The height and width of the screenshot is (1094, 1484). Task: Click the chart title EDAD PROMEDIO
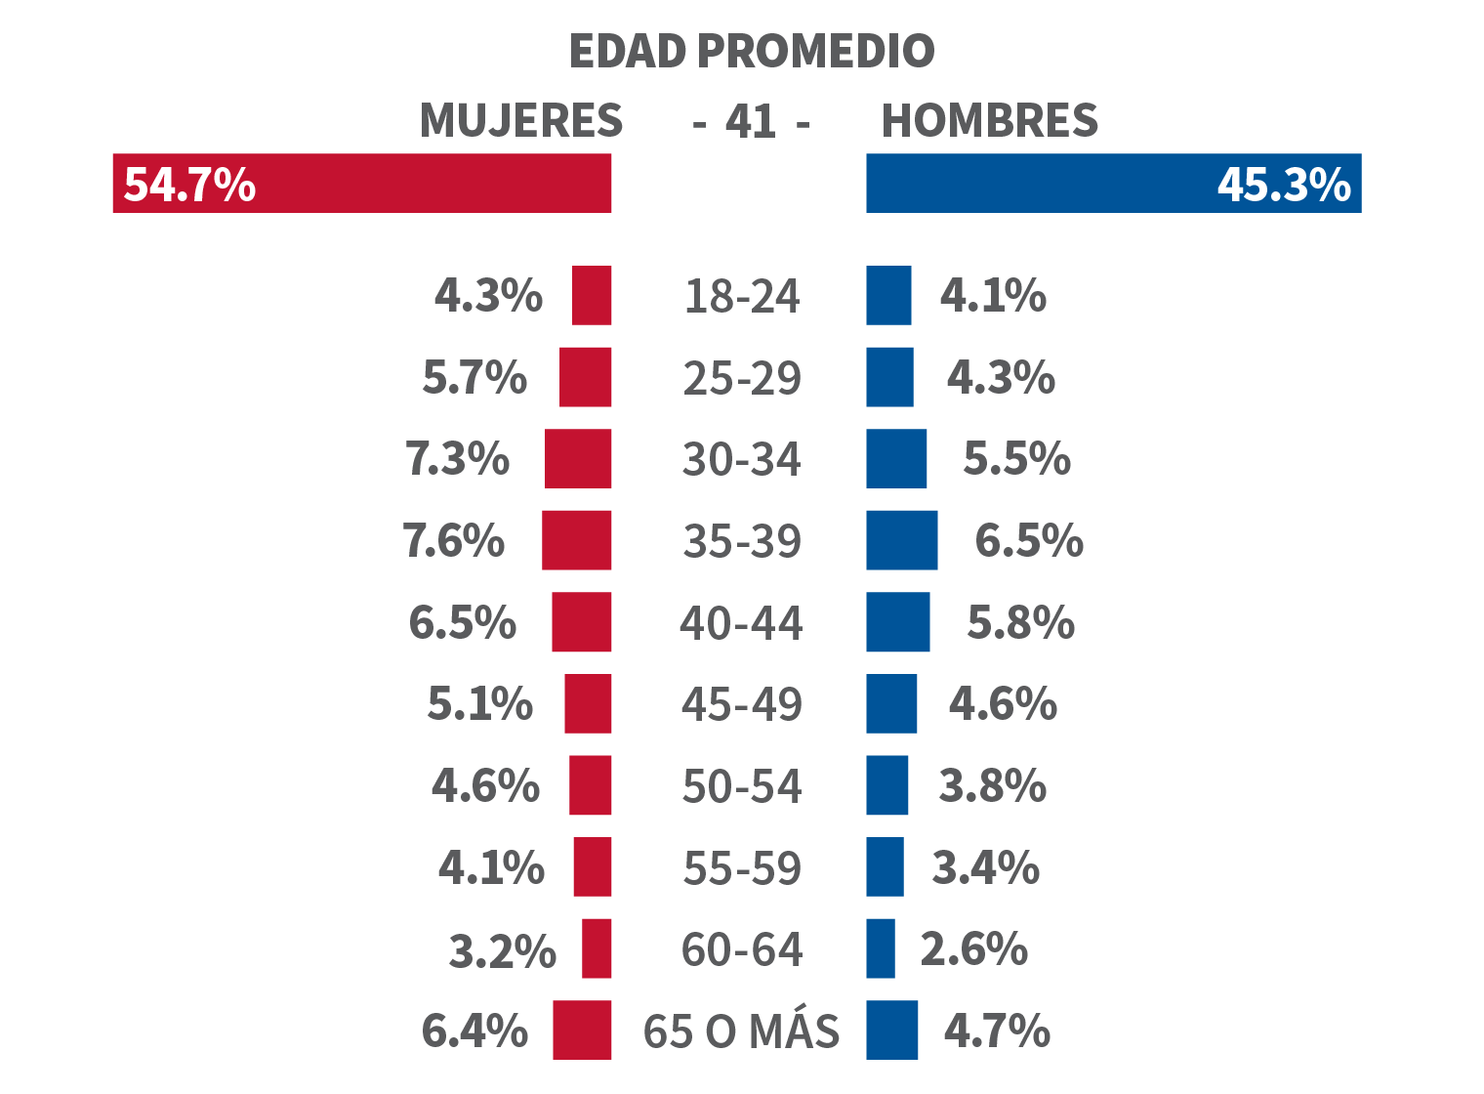(x=751, y=52)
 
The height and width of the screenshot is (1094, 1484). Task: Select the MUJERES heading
(x=521, y=121)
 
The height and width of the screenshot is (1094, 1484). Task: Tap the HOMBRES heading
(x=989, y=121)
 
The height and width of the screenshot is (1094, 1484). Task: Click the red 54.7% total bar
(x=361, y=184)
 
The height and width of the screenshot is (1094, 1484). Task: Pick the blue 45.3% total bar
(x=1113, y=184)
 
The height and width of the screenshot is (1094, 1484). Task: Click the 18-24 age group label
(x=742, y=297)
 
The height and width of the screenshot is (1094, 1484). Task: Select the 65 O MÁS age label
(x=741, y=1031)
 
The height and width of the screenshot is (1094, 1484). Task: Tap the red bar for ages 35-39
(x=577, y=540)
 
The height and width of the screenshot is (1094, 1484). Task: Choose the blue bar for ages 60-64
(x=881, y=948)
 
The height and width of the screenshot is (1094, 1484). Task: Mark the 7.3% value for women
(x=458, y=459)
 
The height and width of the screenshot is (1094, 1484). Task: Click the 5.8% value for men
(x=1020, y=623)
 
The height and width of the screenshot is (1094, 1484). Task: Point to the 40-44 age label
(x=741, y=623)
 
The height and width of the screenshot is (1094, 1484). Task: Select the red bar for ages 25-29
(x=586, y=377)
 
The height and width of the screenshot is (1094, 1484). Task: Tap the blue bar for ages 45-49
(x=891, y=704)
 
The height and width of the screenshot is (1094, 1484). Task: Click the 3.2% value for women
(x=502, y=950)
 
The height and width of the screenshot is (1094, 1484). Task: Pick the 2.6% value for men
(x=974, y=948)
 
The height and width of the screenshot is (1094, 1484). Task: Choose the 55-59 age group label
(x=742, y=868)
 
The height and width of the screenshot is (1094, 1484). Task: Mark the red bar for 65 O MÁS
(x=582, y=1030)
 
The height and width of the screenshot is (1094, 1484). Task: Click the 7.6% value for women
(x=454, y=541)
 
